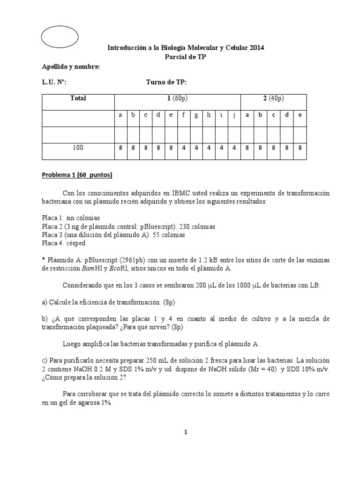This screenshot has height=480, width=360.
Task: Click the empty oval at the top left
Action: pos(60,35)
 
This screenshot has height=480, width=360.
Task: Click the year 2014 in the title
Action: pos(256,48)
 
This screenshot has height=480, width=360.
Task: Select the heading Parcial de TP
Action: pos(186,57)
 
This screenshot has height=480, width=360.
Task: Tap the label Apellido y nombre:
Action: pos(71,67)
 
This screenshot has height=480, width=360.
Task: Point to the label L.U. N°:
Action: pos(54,82)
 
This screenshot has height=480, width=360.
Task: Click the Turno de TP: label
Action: pos(166,82)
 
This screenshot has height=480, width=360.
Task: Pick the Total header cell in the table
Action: pos(78,98)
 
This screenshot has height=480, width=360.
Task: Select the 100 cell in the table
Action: pos(78,148)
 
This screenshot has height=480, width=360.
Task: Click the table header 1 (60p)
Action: pos(178,98)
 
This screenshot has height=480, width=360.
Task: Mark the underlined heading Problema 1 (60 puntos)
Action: pos(77,175)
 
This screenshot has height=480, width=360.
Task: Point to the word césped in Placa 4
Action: pos(76,244)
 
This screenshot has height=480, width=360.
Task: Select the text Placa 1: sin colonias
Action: pos(71,218)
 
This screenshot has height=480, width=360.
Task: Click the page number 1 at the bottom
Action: pos(186,433)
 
